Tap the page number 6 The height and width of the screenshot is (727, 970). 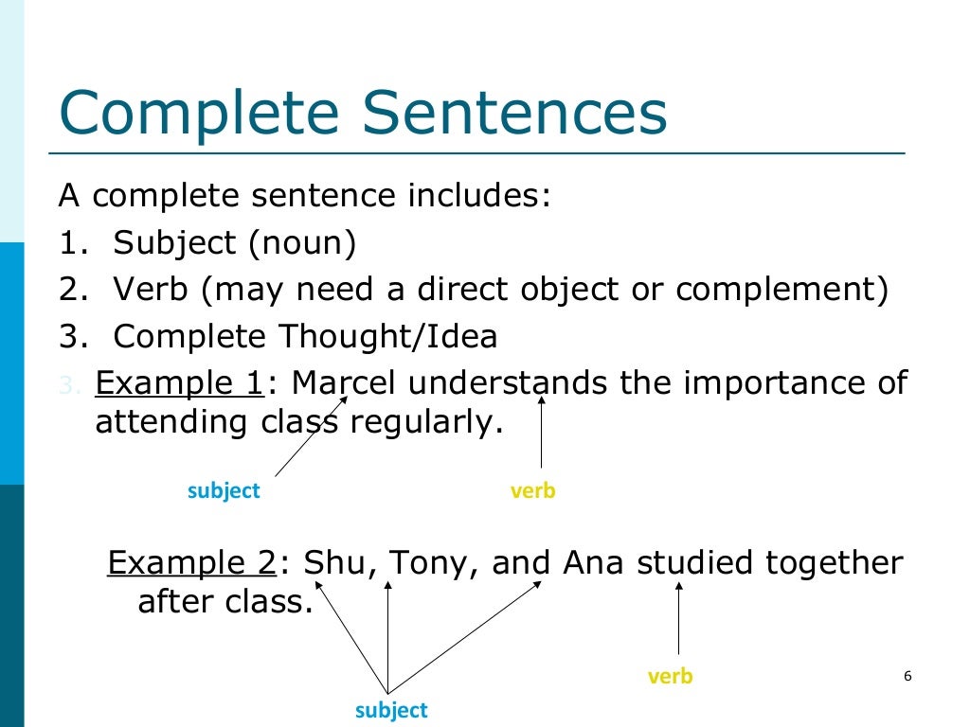pyautogui.click(x=907, y=676)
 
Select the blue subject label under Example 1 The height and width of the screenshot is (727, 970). pyautogui.click(x=224, y=490)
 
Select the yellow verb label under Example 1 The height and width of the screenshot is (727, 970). pyautogui.click(x=532, y=490)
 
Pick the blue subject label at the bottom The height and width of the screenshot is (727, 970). pyautogui.click(x=391, y=710)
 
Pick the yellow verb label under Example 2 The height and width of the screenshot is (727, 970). pyautogui.click(x=670, y=676)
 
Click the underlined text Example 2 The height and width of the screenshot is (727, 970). pyautogui.click(x=191, y=563)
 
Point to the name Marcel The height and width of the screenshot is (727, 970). pyautogui.click(x=347, y=384)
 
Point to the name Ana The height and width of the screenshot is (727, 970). pyautogui.click(x=595, y=563)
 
